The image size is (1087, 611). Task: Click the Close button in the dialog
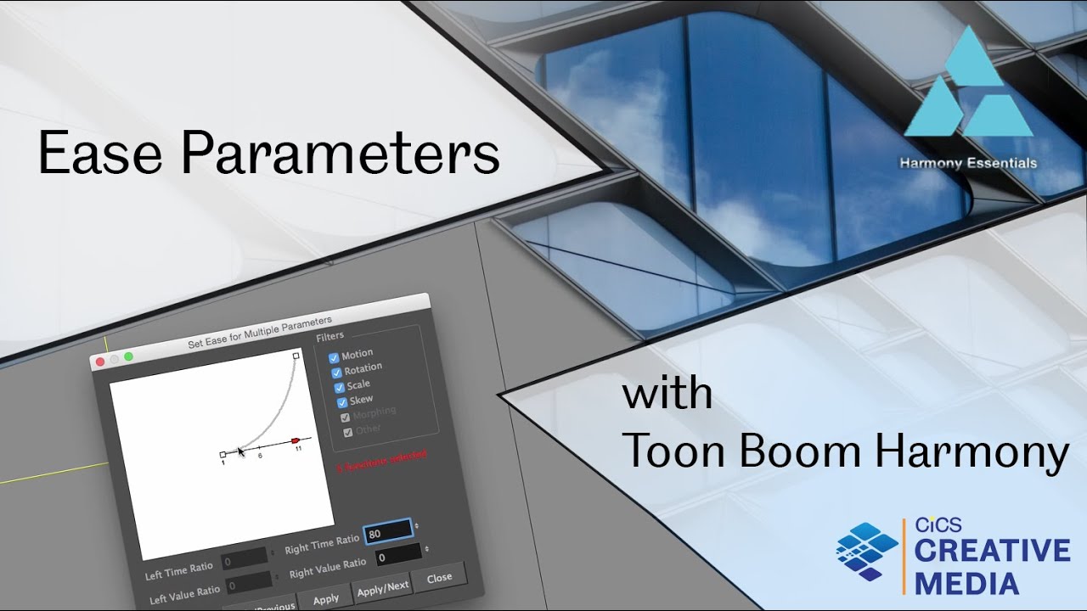(439, 578)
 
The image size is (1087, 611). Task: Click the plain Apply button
(326, 599)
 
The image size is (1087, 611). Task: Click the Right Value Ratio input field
(397, 556)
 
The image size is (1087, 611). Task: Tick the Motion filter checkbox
(334, 357)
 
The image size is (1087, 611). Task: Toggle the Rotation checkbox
(336, 372)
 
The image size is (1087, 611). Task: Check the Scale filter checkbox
(339, 387)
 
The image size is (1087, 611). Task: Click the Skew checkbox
(341, 402)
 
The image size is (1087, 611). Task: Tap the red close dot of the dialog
(100, 362)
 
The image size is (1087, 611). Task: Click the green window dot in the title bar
(128, 356)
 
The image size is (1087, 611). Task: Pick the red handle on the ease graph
(296, 440)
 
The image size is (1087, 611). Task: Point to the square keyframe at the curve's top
(296, 356)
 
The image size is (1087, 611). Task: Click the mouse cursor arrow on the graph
(240, 451)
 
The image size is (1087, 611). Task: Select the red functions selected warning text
(381, 461)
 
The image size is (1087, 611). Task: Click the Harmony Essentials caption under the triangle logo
(968, 163)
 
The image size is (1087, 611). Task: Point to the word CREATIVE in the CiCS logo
(992, 551)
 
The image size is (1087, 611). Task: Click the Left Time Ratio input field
(245, 562)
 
